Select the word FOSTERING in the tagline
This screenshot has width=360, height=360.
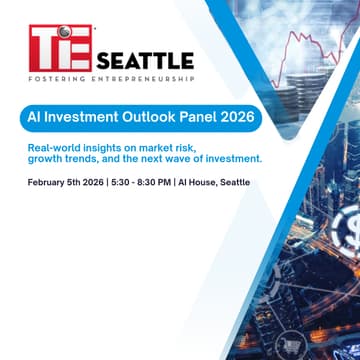point(57,78)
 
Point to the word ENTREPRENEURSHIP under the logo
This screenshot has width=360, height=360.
point(144,78)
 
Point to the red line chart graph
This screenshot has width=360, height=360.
point(315,50)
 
